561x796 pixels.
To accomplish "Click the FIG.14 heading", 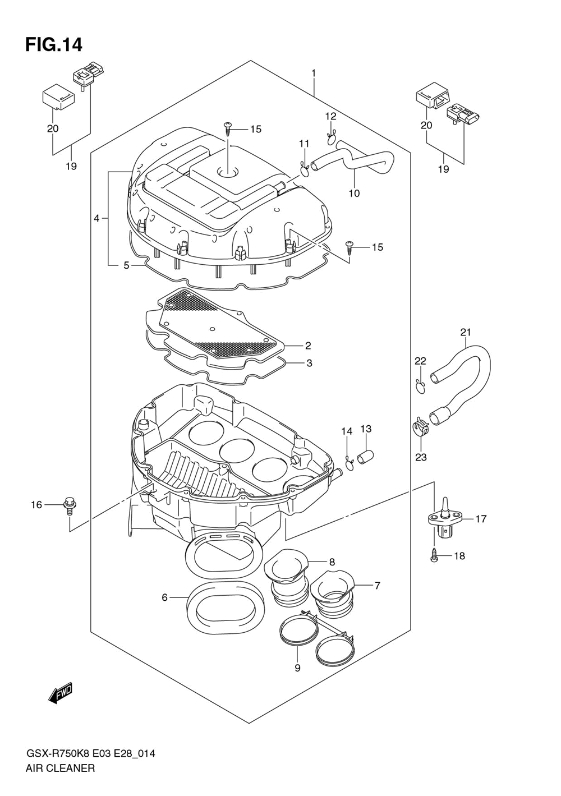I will tap(54, 44).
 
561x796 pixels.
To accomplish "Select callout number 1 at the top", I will tap(314, 73).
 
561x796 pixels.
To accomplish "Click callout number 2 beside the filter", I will tap(308, 346).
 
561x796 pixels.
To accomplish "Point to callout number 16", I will tap(36, 505).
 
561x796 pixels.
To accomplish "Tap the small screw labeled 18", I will tap(434, 556).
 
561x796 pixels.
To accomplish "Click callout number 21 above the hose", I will tap(466, 333).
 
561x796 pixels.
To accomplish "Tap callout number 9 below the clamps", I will tap(297, 668).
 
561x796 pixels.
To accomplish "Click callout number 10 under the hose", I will tap(354, 193).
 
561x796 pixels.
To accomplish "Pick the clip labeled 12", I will tap(332, 136).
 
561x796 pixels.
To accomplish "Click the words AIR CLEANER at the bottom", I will tap(61, 768).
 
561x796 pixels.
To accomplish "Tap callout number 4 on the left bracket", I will tap(96, 218).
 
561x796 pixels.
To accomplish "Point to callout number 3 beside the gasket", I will tap(309, 363).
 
